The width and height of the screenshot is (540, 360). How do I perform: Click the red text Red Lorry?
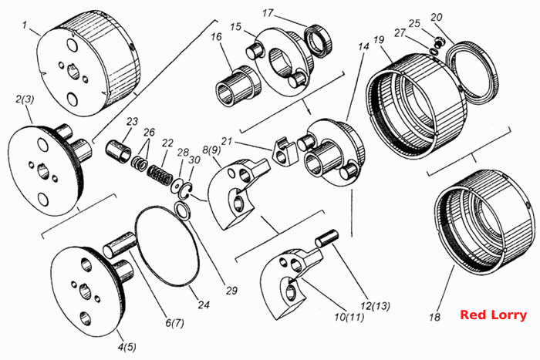(493, 315)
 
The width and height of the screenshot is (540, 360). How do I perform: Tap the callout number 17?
(268, 13)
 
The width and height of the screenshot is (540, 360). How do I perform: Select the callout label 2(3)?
(25, 99)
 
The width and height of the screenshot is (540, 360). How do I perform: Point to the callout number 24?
(203, 305)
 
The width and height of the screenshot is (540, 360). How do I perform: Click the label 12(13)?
(376, 305)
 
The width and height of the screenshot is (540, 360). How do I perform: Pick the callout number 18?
(434, 317)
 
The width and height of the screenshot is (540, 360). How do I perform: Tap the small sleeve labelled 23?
(118, 151)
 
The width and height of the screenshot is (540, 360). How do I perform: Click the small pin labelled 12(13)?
(327, 238)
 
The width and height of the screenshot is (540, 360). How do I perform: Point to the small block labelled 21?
(285, 150)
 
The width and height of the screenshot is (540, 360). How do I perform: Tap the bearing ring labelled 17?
(318, 41)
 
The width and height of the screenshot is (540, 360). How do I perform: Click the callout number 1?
(25, 25)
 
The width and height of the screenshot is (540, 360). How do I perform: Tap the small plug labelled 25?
(438, 42)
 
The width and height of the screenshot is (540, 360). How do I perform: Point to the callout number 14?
(363, 46)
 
